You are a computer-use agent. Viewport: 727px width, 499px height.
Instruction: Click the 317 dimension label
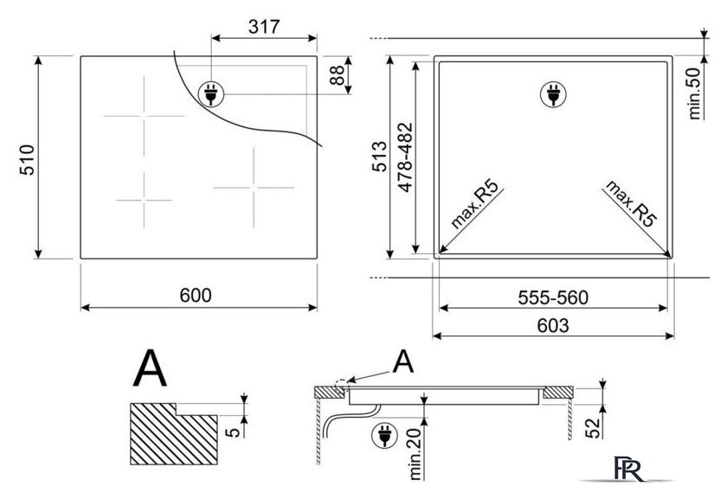point(264,27)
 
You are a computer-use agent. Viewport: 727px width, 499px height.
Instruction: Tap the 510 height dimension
point(28,160)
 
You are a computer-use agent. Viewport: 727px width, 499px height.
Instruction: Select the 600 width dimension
point(196,295)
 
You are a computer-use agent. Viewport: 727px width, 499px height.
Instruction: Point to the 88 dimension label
point(337,75)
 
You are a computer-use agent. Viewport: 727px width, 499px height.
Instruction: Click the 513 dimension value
point(379,157)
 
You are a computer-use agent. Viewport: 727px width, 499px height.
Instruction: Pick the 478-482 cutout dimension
point(405,157)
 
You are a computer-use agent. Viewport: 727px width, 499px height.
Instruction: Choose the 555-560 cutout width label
point(553,297)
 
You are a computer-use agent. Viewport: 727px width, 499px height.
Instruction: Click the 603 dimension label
point(553,326)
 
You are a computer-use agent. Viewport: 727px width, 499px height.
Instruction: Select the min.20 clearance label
point(415,453)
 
